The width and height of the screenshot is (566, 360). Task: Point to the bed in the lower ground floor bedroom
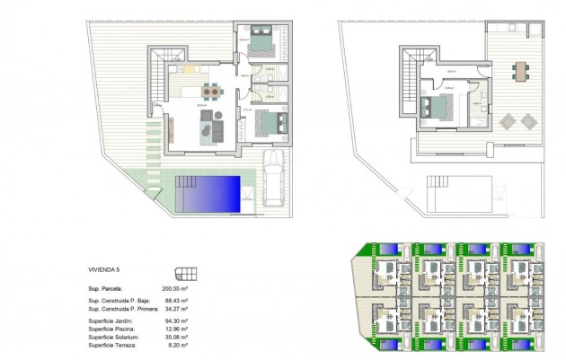point(269,119)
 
